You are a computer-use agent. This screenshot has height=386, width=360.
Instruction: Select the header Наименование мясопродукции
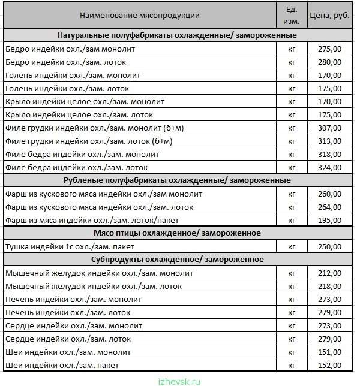140,16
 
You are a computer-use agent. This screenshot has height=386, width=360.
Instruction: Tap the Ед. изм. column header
292,16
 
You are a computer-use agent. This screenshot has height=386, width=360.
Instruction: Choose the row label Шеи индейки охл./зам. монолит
67,352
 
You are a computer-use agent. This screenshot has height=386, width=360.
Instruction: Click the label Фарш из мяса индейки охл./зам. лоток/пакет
85,220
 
